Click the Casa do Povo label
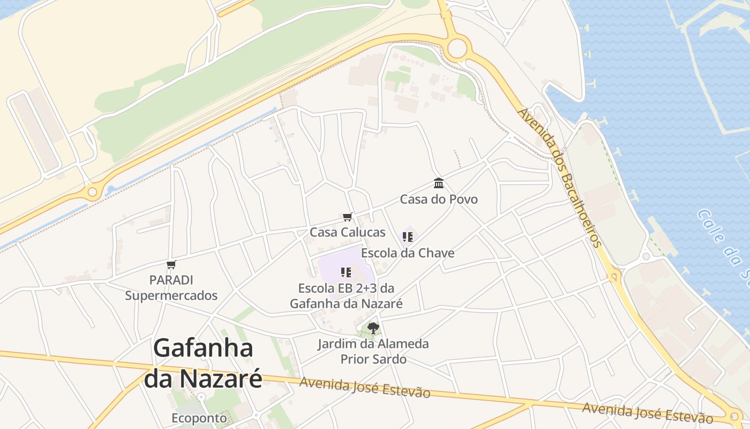click(439, 199)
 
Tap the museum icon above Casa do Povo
click(439, 183)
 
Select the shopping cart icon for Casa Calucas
click(348, 217)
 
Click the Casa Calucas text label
click(348, 232)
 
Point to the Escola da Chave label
click(408, 253)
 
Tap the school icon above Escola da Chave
click(408, 236)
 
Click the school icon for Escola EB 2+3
click(346, 272)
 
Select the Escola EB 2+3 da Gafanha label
click(346, 295)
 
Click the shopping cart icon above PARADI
click(171, 264)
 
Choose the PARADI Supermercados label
click(171, 287)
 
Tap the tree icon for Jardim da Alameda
click(373, 328)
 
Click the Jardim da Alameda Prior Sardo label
click(373, 351)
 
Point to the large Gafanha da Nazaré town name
click(204, 364)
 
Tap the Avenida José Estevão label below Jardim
click(365, 387)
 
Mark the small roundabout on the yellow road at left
click(93, 191)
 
